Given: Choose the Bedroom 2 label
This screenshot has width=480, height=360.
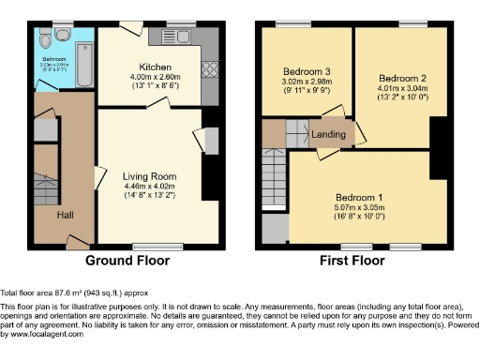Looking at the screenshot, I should tap(402, 78).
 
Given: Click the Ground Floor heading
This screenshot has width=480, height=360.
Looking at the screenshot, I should tap(129, 261).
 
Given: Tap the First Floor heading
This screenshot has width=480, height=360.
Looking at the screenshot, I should tap(354, 261).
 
